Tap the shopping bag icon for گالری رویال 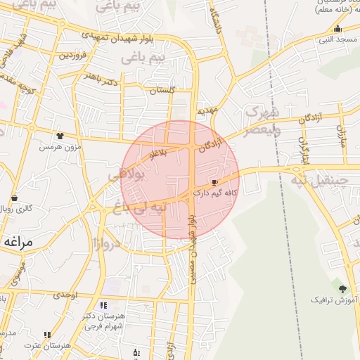[x=15, y=198]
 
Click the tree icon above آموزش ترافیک [x=342, y=289]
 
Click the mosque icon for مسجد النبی [x=338, y=29]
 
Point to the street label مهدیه [x=208, y=110]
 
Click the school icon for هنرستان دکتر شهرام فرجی [x=104, y=306]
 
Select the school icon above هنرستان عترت [x=47, y=335]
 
